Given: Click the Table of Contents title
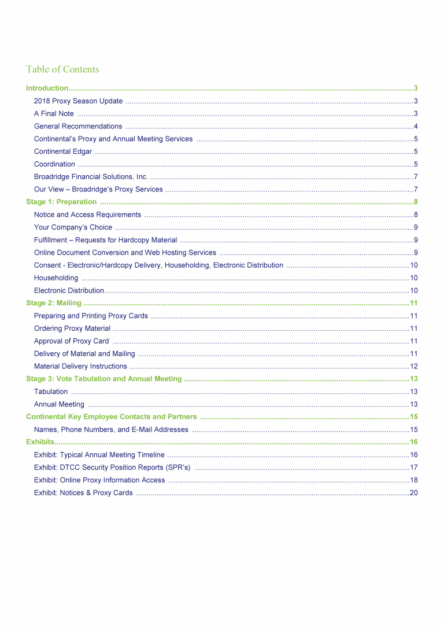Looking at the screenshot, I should point(62,69).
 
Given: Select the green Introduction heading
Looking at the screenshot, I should point(47,88).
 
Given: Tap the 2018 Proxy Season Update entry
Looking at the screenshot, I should point(78,101).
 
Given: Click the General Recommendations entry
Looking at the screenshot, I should point(78,126).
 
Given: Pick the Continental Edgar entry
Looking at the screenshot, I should point(63,152).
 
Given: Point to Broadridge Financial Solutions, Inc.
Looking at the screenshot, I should point(91,176).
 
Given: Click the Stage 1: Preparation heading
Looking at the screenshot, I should point(61,202).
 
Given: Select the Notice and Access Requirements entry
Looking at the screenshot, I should point(87,215).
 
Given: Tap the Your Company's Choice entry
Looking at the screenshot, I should point(73,227).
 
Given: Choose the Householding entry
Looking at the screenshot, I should point(56,278).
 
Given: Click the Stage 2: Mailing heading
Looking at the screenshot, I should point(54,303).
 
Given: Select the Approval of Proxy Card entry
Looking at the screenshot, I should point(71,341).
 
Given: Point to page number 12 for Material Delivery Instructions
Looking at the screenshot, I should point(413,367).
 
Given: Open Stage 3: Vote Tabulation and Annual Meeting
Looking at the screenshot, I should point(104,379).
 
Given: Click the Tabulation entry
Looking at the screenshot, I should point(51,391).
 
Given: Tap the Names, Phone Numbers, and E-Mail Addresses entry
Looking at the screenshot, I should point(111,430).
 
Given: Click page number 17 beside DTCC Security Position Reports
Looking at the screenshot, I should point(413,467).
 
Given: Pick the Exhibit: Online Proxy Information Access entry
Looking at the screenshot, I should point(99,480).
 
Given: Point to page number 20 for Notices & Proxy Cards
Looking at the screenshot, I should point(413,493).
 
